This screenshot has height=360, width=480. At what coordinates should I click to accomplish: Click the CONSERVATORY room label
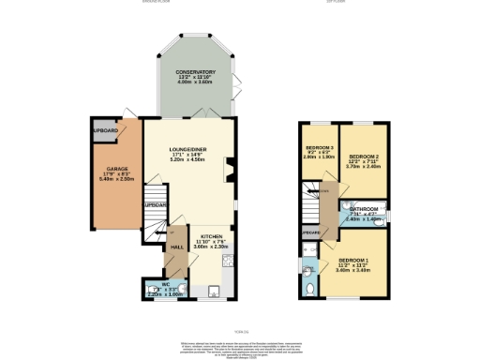tap(196, 71)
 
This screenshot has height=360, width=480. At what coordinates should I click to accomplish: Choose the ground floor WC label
tap(163, 283)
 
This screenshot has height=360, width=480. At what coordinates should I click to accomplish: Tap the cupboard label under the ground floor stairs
tap(154, 205)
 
